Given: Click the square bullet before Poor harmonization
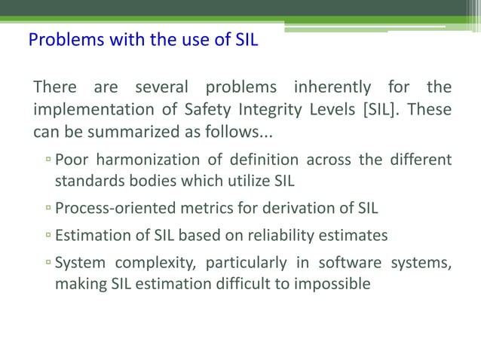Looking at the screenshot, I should [x=47, y=160].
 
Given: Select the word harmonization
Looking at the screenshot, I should [x=150, y=159].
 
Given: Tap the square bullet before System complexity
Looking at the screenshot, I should [x=47, y=264].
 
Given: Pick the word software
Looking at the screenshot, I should [x=351, y=263].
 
